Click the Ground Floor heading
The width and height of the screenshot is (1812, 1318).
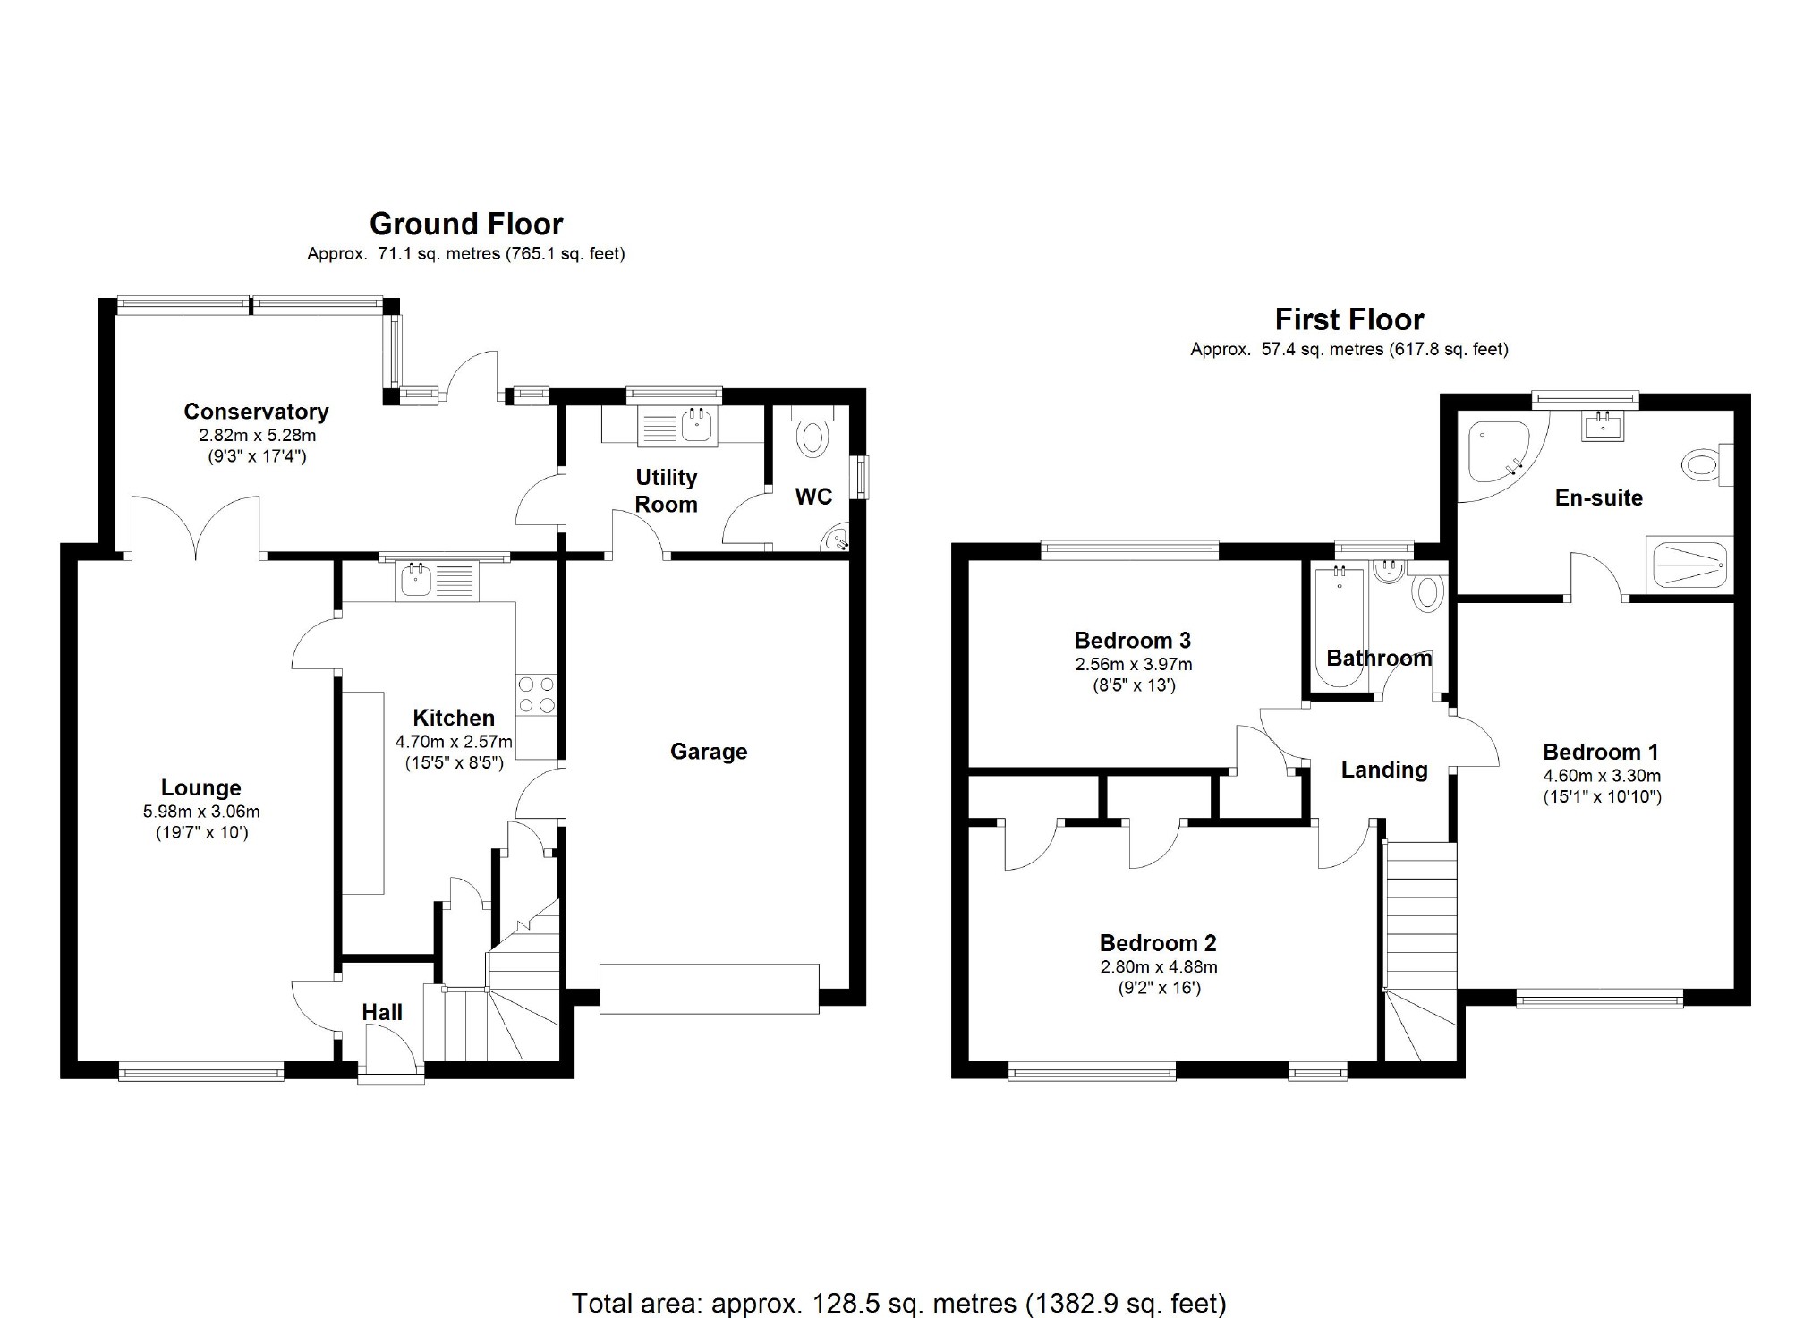point(466,224)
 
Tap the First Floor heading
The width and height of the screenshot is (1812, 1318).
point(1349,319)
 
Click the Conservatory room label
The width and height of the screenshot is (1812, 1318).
point(256,412)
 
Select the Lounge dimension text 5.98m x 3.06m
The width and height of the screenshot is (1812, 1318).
point(201,812)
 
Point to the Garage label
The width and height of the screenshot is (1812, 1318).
point(709,752)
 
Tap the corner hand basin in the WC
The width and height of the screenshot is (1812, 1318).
point(837,538)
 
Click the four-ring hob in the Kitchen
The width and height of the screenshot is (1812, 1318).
point(536,694)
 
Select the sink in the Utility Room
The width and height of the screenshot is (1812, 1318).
point(676,426)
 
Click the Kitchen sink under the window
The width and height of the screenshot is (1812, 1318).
point(439,581)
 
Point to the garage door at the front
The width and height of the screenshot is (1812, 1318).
point(710,989)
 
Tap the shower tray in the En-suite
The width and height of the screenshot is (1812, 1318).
point(1689,565)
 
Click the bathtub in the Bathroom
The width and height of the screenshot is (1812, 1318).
point(1339,625)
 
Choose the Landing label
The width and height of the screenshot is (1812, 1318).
point(1384,770)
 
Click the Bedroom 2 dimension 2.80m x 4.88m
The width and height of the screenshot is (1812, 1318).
point(1159,967)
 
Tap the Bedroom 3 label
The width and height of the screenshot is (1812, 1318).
point(1133,641)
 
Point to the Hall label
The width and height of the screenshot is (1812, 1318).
point(382,1012)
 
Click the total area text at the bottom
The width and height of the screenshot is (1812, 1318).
point(899,1303)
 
